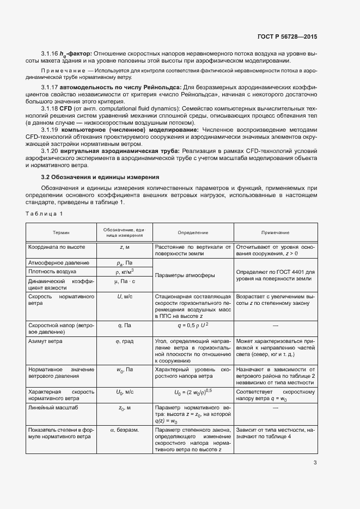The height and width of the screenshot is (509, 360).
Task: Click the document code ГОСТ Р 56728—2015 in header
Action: pyautogui.click(x=286, y=36)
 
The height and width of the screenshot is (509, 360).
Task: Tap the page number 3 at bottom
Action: pyautogui.click(x=315, y=463)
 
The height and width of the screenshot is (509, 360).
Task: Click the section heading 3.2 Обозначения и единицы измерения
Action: pyautogui.click(x=100, y=177)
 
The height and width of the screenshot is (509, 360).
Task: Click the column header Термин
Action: pyautogui.click(x=61, y=232)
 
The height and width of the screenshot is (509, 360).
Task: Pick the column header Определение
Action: pyautogui.click(x=193, y=232)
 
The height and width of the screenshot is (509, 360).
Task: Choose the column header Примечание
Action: pyautogui.click(x=275, y=232)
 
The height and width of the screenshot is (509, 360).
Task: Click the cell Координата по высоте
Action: pyautogui.click(x=52, y=247)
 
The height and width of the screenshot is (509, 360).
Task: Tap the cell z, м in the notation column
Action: pyautogui.click(x=124, y=247)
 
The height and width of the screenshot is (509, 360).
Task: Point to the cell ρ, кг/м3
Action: pyautogui.click(x=124, y=271)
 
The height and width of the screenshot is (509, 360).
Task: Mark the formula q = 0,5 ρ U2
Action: pyautogui.click(x=193, y=326)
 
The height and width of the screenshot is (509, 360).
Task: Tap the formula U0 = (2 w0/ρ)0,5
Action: pyautogui.click(x=193, y=391)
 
